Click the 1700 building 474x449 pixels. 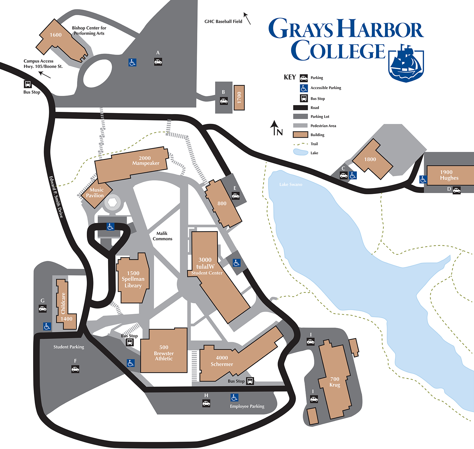point(239,98)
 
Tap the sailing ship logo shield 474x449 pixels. point(406,64)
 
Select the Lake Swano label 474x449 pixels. point(291,184)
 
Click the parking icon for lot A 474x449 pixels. point(158,62)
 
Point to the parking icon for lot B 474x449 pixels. point(224,101)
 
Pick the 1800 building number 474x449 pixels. point(370,159)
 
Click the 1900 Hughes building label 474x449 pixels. point(449,175)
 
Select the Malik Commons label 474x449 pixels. point(162,236)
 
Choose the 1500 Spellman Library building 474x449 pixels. point(133,279)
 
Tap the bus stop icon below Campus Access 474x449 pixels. point(28,84)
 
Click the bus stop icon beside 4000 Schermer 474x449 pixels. point(250,381)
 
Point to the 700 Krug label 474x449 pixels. point(335,382)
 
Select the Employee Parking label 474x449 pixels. point(247,406)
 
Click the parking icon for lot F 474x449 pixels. point(75,369)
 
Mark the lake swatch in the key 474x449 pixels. point(300,152)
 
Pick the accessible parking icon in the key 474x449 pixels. point(304,88)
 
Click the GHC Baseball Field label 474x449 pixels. point(223,22)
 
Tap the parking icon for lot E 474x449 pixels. point(235,196)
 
